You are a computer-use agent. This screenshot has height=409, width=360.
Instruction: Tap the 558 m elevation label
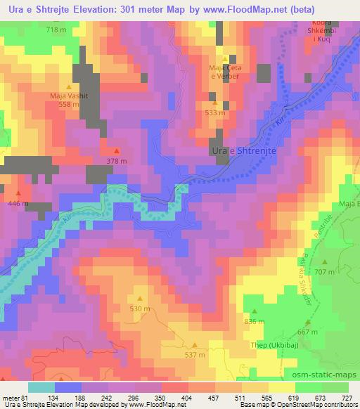(x=68, y=103)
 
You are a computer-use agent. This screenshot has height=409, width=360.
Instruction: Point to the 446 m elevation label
(x=18, y=203)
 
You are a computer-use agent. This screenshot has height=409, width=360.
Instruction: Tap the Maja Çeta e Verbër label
(x=225, y=71)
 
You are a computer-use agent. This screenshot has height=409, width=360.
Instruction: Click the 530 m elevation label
(x=140, y=309)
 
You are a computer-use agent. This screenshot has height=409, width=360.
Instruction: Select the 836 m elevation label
(x=254, y=321)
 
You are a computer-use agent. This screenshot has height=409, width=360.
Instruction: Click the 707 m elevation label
(x=324, y=271)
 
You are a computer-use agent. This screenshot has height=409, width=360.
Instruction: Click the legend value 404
(x=169, y=397)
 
